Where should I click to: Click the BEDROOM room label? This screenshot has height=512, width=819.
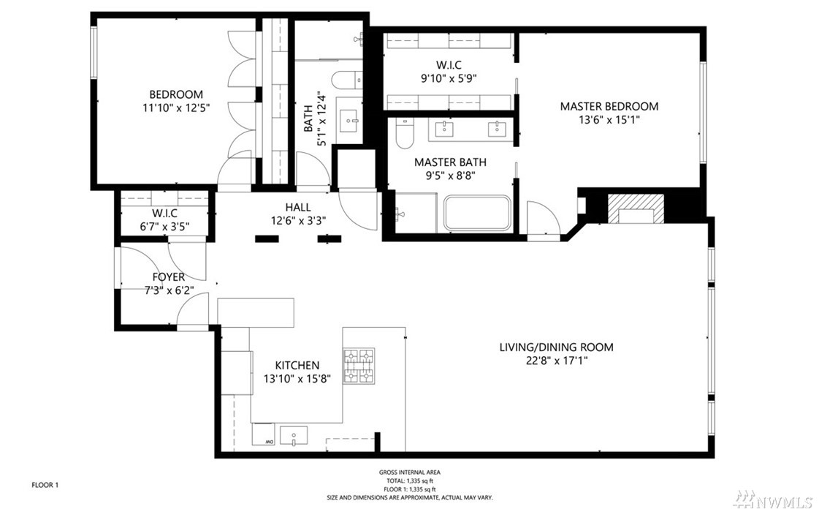pos(176,94)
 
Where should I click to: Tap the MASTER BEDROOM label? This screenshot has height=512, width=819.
pos(609,106)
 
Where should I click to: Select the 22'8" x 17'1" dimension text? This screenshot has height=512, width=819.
pos(557,361)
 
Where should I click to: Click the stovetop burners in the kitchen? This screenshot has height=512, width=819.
pos(358,366)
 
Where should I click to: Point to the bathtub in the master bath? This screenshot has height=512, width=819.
pos(477,213)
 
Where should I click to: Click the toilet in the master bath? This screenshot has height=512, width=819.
pos(404,133)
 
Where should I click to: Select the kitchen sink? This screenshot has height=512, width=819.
pos(294,436)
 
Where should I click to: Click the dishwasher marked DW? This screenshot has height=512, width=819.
pos(264,434)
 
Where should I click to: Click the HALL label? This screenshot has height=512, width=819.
pos(298,207)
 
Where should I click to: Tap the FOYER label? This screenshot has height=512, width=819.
pos(168,276)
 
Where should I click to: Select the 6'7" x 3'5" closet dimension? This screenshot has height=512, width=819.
pos(164,227)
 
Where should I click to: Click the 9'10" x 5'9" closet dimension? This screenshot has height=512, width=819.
pos(449,78)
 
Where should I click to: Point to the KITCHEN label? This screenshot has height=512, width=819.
pos(297,365)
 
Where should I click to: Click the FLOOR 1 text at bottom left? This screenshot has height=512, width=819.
pos(45,485)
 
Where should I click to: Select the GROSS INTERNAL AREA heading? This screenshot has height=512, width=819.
pos(409,473)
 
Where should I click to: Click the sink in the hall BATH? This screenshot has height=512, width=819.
pos(349,121)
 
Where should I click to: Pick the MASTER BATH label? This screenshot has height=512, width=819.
pos(450,162)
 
